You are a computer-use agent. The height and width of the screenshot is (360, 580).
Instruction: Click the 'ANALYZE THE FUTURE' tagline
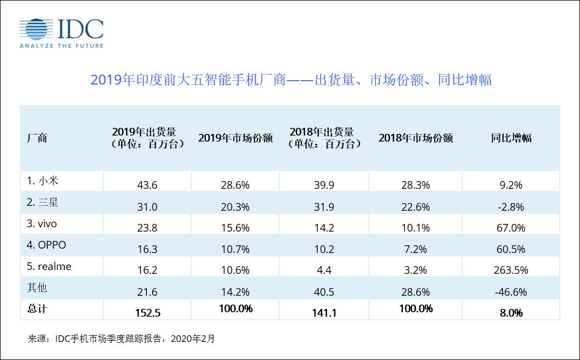point(61,46)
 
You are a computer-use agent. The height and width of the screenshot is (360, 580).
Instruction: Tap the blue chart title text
point(290,80)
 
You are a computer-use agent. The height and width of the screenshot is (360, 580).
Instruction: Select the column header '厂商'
point(37,138)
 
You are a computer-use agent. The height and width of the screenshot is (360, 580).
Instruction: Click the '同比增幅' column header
point(511,138)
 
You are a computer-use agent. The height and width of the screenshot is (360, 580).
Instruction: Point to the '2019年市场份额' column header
point(235,138)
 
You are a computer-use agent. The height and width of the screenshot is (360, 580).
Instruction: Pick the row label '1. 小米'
point(43,180)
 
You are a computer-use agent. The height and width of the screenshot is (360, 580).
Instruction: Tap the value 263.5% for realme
point(511,270)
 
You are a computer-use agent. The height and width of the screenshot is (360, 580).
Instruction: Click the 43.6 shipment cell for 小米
point(147,185)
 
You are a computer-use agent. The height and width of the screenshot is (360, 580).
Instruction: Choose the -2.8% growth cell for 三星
point(511,207)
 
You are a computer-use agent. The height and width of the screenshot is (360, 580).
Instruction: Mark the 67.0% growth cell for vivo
point(511,228)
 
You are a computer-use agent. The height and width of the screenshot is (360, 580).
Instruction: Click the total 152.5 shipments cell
point(147,313)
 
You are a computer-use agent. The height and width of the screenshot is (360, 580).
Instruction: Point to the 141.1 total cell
point(324,313)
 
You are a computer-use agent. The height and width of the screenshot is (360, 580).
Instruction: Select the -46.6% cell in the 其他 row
point(511,291)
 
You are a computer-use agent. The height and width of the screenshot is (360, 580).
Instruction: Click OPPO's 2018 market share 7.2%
point(415,249)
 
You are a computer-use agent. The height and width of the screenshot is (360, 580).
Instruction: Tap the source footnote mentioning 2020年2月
point(121,339)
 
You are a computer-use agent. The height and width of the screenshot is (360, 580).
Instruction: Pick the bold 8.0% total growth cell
point(511,313)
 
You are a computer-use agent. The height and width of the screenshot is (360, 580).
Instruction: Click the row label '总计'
point(37,309)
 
